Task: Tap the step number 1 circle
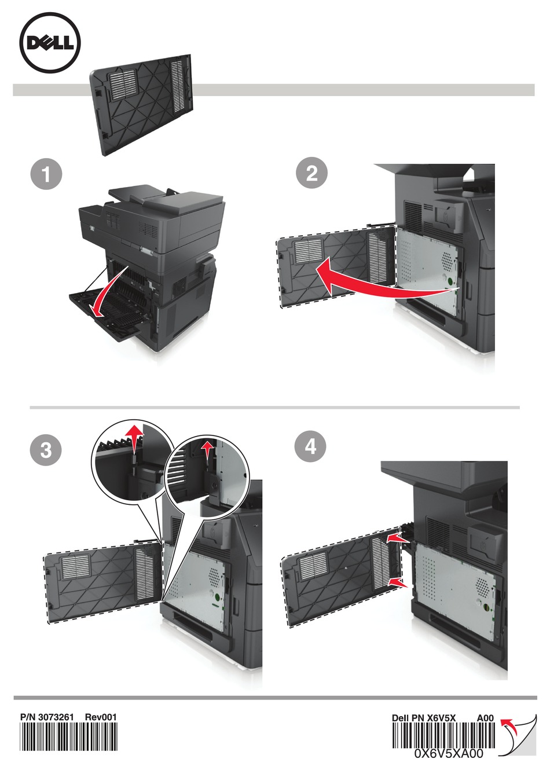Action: (x=46, y=175)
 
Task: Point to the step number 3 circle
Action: (x=46, y=450)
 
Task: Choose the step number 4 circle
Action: (x=310, y=447)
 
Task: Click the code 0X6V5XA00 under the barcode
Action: (x=449, y=753)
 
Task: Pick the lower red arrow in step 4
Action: (x=399, y=582)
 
